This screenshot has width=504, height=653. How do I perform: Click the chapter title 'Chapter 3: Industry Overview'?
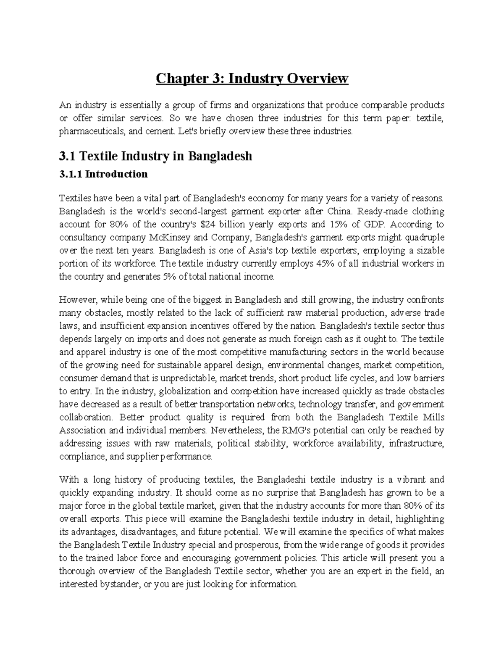(252, 79)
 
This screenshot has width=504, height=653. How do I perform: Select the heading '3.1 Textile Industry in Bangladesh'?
(155, 156)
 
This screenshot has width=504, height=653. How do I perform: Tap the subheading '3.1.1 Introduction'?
(103, 174)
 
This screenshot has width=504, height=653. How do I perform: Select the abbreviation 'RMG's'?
(292, 430)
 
